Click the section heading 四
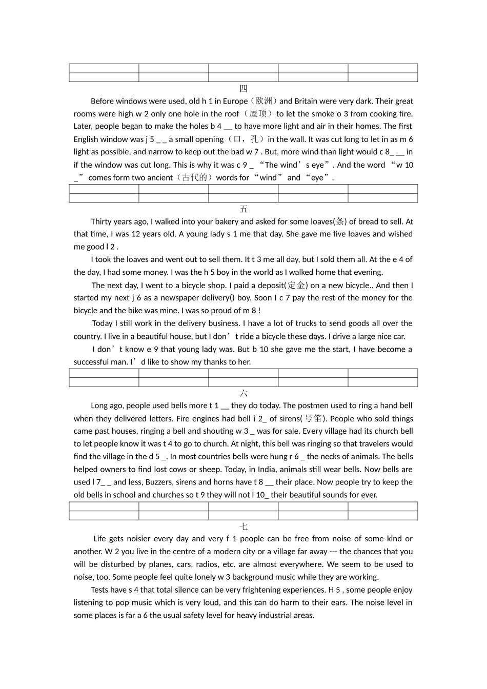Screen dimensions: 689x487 243,88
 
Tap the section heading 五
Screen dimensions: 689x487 243,209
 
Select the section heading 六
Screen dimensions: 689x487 243,393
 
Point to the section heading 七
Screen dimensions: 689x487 243,526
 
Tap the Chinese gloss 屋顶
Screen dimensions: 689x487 258,114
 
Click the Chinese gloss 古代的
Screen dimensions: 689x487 194,177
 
